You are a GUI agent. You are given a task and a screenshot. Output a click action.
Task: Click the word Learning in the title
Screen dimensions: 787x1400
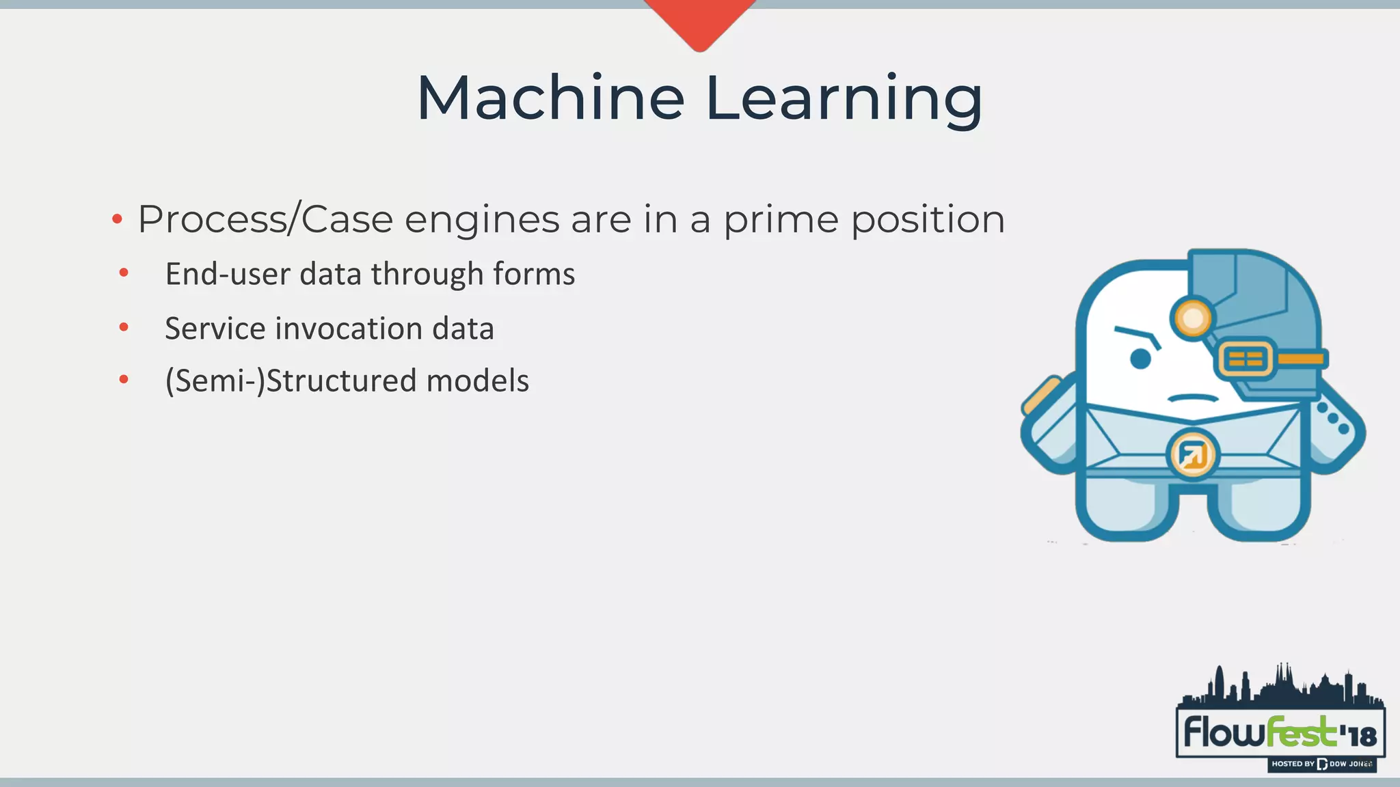point(844,100)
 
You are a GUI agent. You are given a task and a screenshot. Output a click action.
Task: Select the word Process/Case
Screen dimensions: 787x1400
point(265,220)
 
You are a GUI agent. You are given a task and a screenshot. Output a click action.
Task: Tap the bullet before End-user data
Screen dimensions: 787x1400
point(124,273)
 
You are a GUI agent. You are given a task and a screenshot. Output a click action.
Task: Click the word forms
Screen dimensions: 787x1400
point(534,274)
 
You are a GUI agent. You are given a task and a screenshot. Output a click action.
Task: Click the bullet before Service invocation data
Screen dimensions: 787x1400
point(124,327)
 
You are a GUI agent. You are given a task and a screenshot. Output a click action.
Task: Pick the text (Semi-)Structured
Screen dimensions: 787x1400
point(290,381)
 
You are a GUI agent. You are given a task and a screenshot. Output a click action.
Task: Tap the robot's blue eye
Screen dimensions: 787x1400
point(1140,359)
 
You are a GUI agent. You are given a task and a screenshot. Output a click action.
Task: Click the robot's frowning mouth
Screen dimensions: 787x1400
point(1193,398)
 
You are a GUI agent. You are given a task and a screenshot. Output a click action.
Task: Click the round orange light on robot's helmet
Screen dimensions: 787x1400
point(1193,318)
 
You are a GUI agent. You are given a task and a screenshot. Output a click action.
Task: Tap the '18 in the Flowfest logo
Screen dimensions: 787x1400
point(1358,736)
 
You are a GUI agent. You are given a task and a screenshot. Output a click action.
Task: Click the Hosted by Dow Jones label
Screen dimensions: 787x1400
point(1321,764)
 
